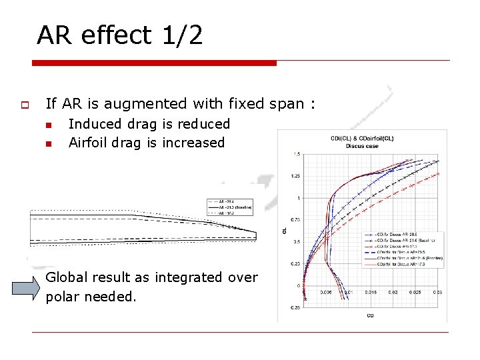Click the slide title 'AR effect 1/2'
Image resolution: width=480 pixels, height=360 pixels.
[x=119, y=35]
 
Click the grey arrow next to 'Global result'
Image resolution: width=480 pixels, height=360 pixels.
[x=27, y=288]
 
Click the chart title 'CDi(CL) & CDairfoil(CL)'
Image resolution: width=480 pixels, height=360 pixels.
[x=362, y=139]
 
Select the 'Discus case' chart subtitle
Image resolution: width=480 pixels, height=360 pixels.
[x=362, y=146]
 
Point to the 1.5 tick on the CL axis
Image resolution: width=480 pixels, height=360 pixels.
[x=295, y=155]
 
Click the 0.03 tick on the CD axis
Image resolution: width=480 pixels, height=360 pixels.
[x=437, y=292]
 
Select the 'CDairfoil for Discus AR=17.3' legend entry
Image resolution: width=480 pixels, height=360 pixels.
[x=407, y=265]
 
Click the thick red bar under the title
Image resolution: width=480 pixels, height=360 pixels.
[x=154, y=63]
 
